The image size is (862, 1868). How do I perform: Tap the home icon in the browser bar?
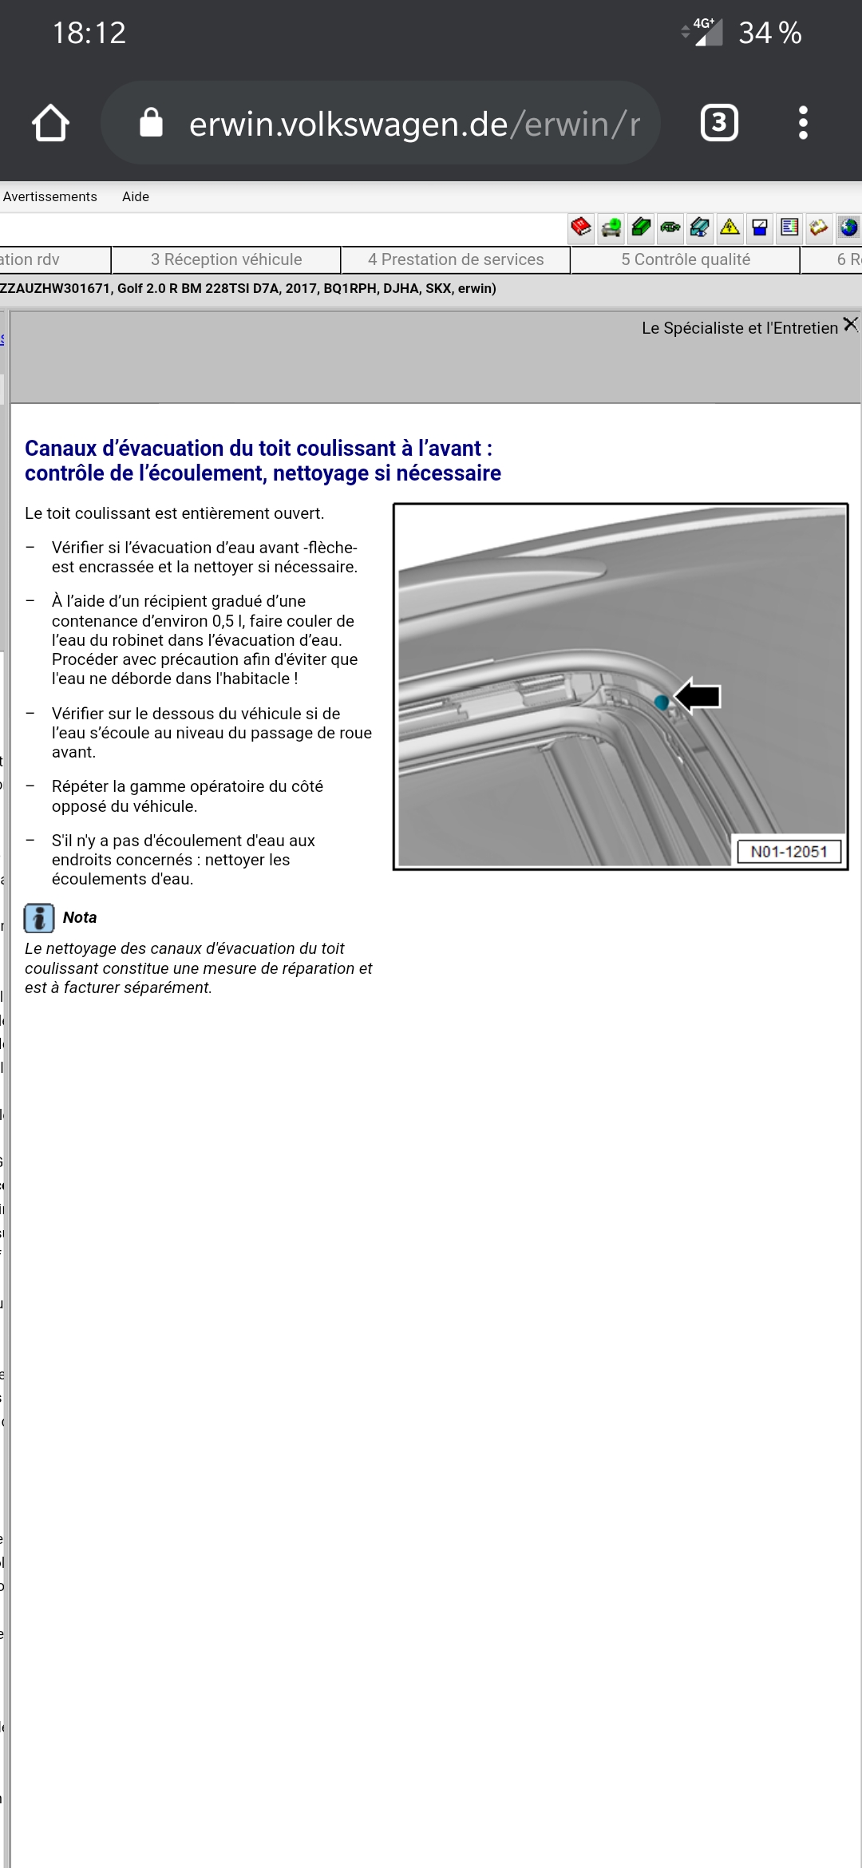[51, 123]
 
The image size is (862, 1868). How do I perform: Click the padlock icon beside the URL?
[151, 123]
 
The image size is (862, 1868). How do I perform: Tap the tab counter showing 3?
[719, 123]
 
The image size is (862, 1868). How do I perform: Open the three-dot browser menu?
[803, 123]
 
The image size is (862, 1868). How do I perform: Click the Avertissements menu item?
[49, 196]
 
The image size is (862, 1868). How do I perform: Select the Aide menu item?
[136, 196]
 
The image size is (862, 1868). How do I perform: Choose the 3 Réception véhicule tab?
[227, 259]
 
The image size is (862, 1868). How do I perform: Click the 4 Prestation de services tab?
[456, 259]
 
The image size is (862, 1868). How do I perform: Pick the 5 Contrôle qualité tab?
[686, 259]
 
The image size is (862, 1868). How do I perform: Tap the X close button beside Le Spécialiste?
[851, 324]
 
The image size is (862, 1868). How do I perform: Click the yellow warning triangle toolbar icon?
[730, 228]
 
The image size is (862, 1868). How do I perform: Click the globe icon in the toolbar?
[848, 228]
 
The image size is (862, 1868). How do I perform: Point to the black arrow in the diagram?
[698, 696]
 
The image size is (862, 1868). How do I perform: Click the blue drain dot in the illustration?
[661, 702]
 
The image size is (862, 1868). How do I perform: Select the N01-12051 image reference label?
[789, 852]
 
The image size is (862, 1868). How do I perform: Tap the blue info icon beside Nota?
[39, 918]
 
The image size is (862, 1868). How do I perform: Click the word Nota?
[80, 918]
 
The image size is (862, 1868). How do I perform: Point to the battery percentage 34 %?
[769, 33]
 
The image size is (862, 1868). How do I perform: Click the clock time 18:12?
[89, 33]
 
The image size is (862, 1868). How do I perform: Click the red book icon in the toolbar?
[581, 228]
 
